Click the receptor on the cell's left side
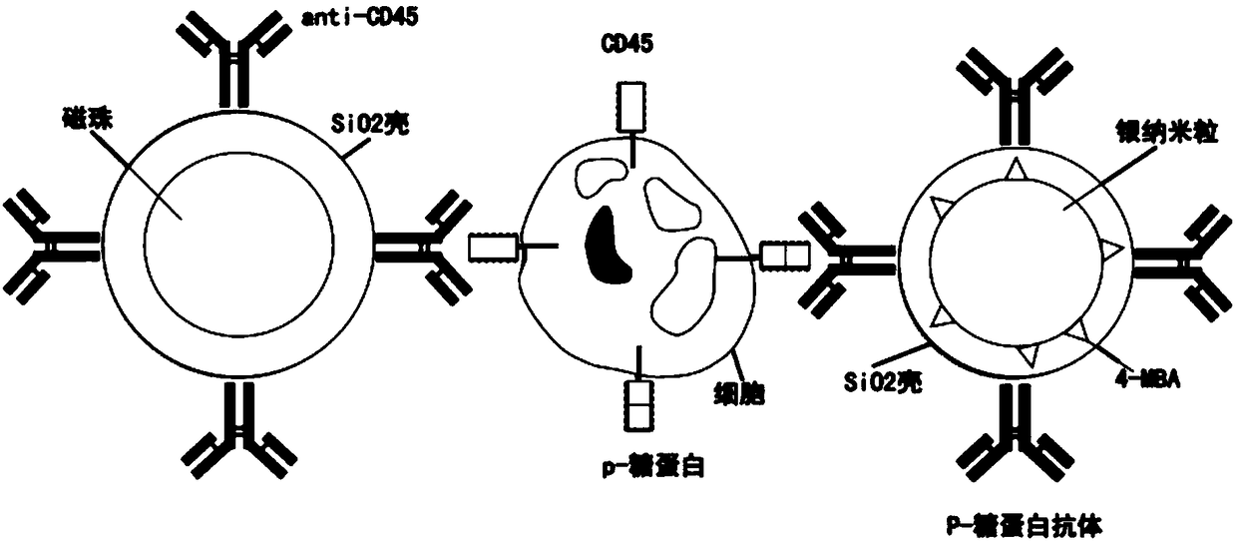493,247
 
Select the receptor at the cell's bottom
635,403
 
